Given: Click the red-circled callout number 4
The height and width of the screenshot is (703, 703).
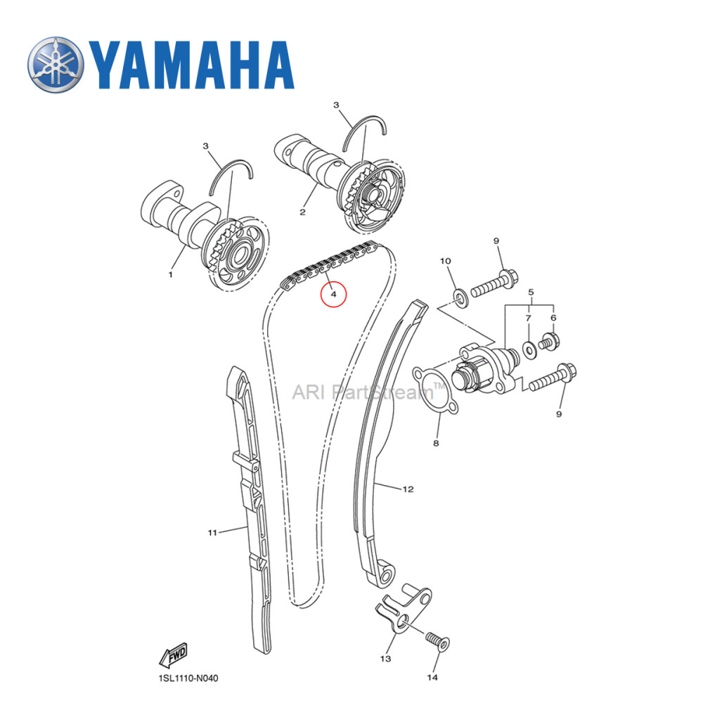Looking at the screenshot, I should (x=334, y=293).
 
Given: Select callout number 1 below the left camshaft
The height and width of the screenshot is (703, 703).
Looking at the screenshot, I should (x=169, y=275).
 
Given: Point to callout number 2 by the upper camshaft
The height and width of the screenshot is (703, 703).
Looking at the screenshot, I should (x=302, y=211).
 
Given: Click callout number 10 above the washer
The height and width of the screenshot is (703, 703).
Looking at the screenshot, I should (x=445, y=262).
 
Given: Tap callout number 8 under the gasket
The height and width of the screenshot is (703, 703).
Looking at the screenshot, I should (x=436, y=444).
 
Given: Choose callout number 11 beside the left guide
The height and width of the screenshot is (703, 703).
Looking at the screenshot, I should (x=212, y=532).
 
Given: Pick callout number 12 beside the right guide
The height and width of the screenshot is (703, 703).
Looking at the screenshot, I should (x=408, y=488).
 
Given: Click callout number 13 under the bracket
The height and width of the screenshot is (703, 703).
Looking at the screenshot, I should (x=385, y=659).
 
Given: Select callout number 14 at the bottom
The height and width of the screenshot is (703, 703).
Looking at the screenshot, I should (x=432, y=677).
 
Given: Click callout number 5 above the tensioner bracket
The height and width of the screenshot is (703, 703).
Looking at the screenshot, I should (x=531, y=291).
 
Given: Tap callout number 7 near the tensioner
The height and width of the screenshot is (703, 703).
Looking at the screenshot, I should (x=528, y=319).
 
